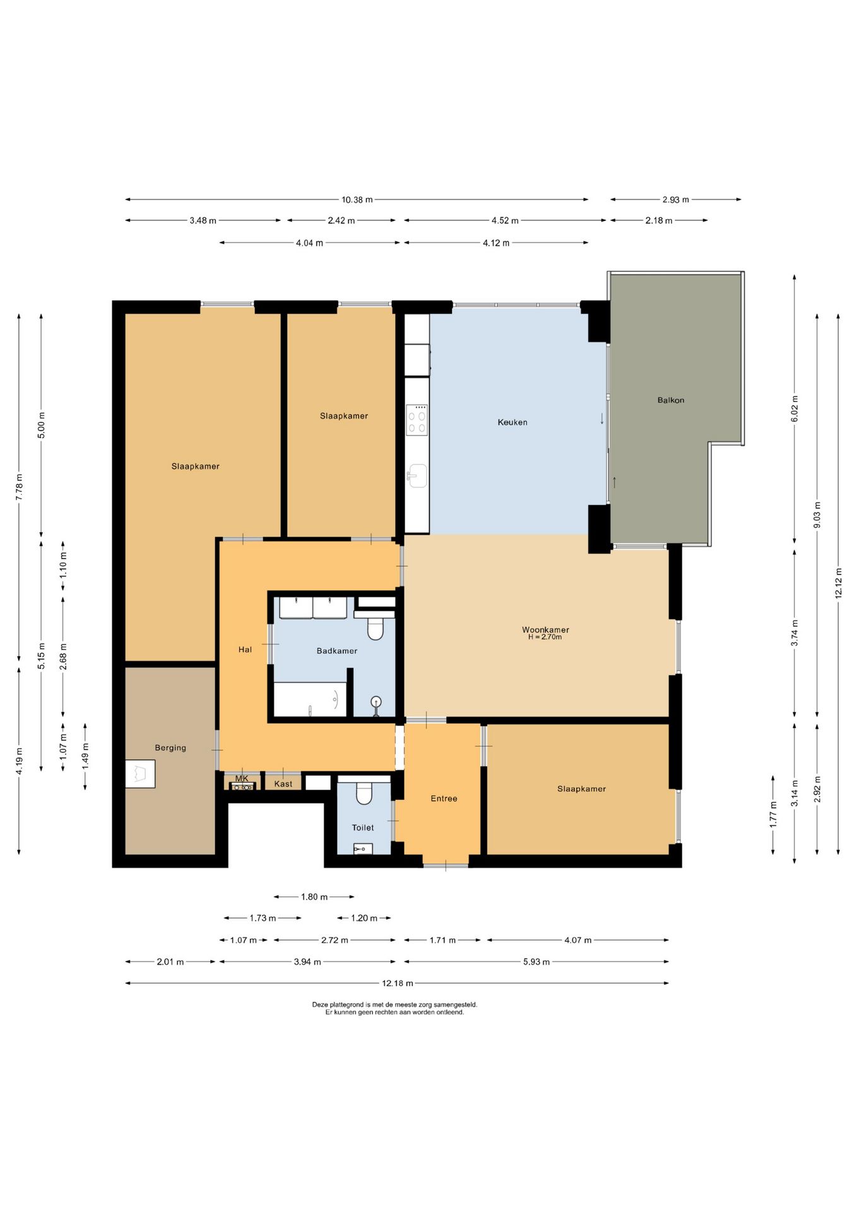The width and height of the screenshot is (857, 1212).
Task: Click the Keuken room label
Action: point(512,422)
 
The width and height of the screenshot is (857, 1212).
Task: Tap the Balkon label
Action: point(670,400)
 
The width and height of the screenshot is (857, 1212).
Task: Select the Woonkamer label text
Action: point(545,629)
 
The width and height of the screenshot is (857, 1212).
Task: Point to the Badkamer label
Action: point(337,651)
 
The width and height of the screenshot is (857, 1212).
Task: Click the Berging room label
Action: point(170,748)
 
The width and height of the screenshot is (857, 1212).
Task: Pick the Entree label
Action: point(444,799)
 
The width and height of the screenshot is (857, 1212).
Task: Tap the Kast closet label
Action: point(283,784)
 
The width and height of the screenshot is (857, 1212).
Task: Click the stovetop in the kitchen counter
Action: point(417,420)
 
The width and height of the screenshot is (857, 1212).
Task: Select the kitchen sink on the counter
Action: point(417,475)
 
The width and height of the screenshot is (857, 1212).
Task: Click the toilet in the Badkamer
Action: point(375,628)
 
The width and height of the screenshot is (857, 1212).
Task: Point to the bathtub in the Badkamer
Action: point(310,699)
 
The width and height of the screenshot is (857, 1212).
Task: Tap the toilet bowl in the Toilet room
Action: point(364,793)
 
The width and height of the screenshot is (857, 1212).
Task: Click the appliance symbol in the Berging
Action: point(140,774)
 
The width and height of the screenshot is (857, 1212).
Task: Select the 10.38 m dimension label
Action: point(357,199)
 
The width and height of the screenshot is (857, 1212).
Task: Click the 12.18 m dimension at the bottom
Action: point(398,983)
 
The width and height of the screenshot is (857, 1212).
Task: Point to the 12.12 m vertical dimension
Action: point(839,583)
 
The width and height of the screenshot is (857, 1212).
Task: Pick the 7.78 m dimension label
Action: point(19,487)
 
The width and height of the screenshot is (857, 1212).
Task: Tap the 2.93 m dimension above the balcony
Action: point(676,199)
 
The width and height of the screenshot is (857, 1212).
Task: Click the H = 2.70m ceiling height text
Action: point(545,638)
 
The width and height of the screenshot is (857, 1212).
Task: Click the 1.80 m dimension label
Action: point(314,897)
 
